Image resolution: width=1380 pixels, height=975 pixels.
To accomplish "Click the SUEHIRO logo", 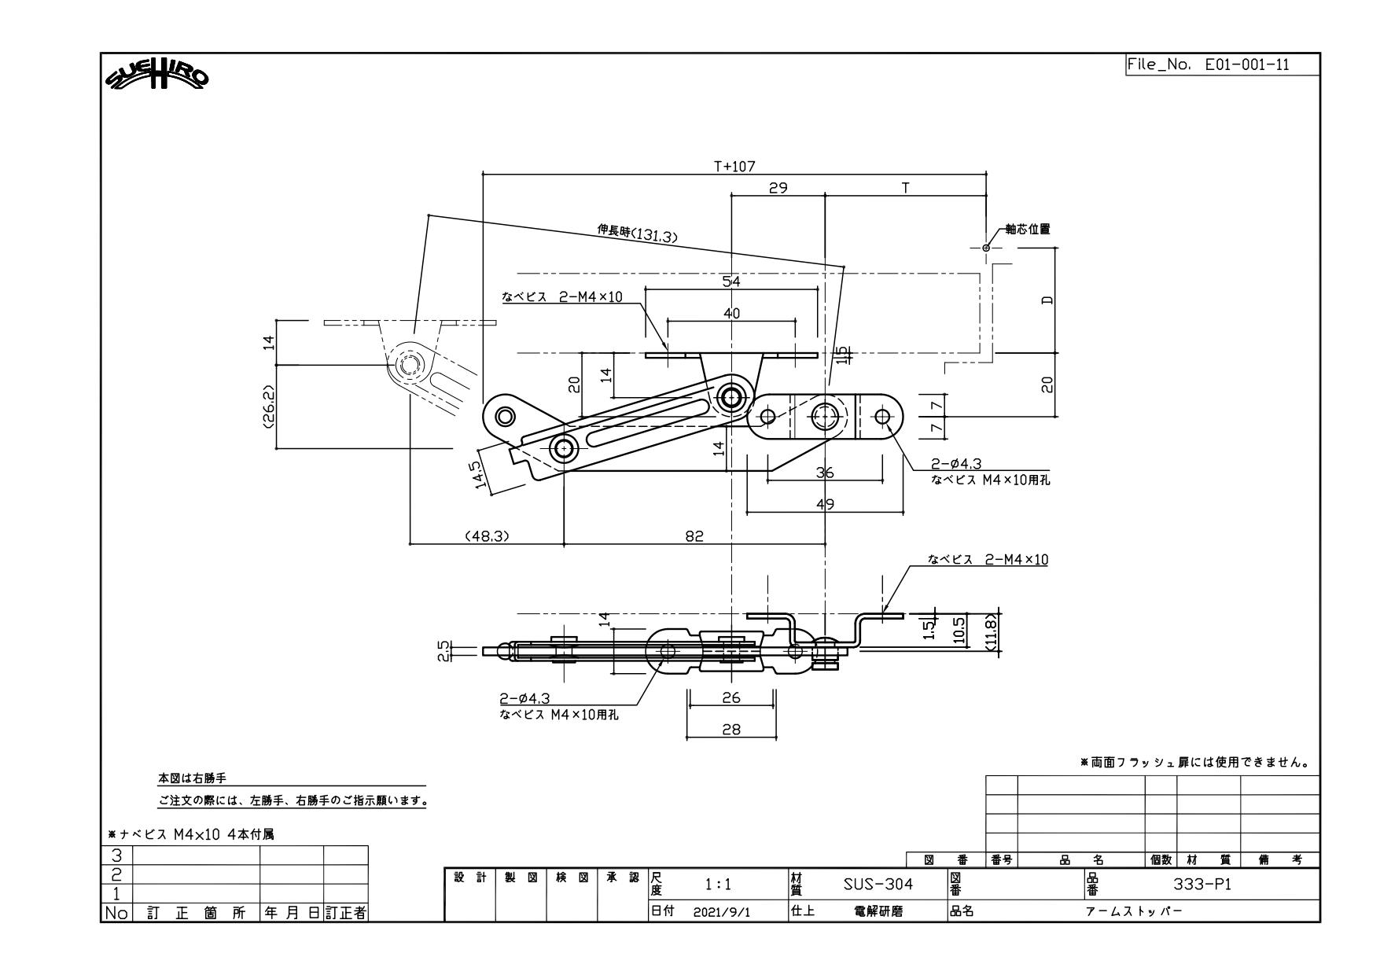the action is (x=158, y=77).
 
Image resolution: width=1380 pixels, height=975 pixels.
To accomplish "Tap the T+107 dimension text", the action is (x=734, y=166).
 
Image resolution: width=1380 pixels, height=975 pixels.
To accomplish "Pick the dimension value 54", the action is (x=731, y=281).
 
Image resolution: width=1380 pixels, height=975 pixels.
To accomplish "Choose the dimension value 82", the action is (x=694, y=536).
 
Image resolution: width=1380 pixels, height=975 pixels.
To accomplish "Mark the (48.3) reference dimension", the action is (x=488, y=536).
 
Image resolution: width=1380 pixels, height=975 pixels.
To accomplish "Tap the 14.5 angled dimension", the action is (x=479, y=474).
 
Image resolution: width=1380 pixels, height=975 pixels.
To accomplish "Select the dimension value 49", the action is (x=825, y=504).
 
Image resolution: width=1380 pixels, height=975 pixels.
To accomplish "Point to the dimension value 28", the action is (x=731, y=730).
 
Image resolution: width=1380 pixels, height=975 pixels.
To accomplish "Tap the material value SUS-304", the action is (x=878, y=885).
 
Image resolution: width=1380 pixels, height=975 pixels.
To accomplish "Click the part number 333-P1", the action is (x=1202, y=885).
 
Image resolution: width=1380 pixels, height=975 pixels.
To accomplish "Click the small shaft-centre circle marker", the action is (x=986, y=248).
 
